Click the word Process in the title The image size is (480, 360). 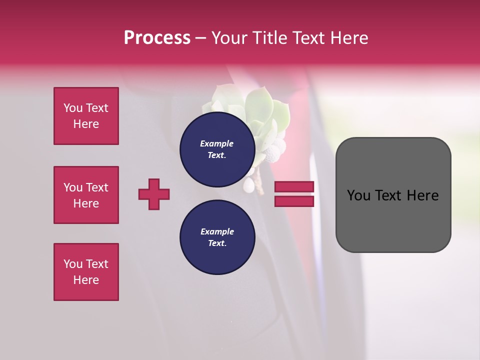(x=157, y=38)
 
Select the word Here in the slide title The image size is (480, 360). (x=348, y=38)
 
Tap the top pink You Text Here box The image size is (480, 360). (x=86, y=116)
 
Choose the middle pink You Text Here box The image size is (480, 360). (x=86, y=195)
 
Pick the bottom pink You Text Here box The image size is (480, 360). (x=86, y=272)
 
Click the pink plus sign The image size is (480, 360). (x=154, y=194)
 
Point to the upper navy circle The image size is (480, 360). (x=217, y=149)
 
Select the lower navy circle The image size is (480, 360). (x=217, y=237)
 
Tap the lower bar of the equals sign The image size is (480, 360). (x=294, y=201)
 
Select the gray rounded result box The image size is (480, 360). (x=393, y=220)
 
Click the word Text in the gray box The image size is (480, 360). (x=393, y=195)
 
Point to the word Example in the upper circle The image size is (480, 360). (x=217, y=143)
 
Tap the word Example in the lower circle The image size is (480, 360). (x=217, y=231)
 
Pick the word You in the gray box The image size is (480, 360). (x=358, y=195)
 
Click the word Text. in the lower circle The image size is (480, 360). (x=217, y=243)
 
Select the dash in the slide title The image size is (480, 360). (x=200, y=38)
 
